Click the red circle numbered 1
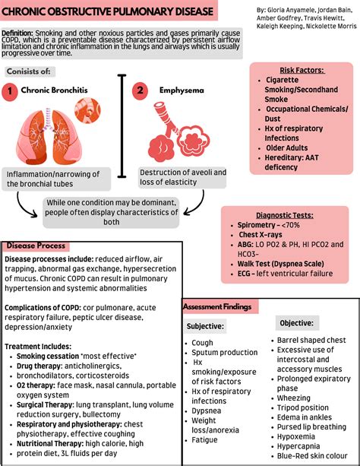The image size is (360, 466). (x=9, y=92)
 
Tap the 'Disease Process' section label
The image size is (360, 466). (x=36, y=246)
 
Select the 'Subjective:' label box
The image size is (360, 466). (x=205, y=326)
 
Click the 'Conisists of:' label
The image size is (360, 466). (x=29, y=71)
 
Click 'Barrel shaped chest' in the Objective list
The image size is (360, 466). (x=311, y=340)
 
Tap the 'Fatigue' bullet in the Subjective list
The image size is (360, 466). (x=205, y=439)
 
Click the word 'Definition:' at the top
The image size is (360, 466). (x=22, y=33)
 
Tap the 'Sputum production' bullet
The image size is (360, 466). (x=225, y=352)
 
